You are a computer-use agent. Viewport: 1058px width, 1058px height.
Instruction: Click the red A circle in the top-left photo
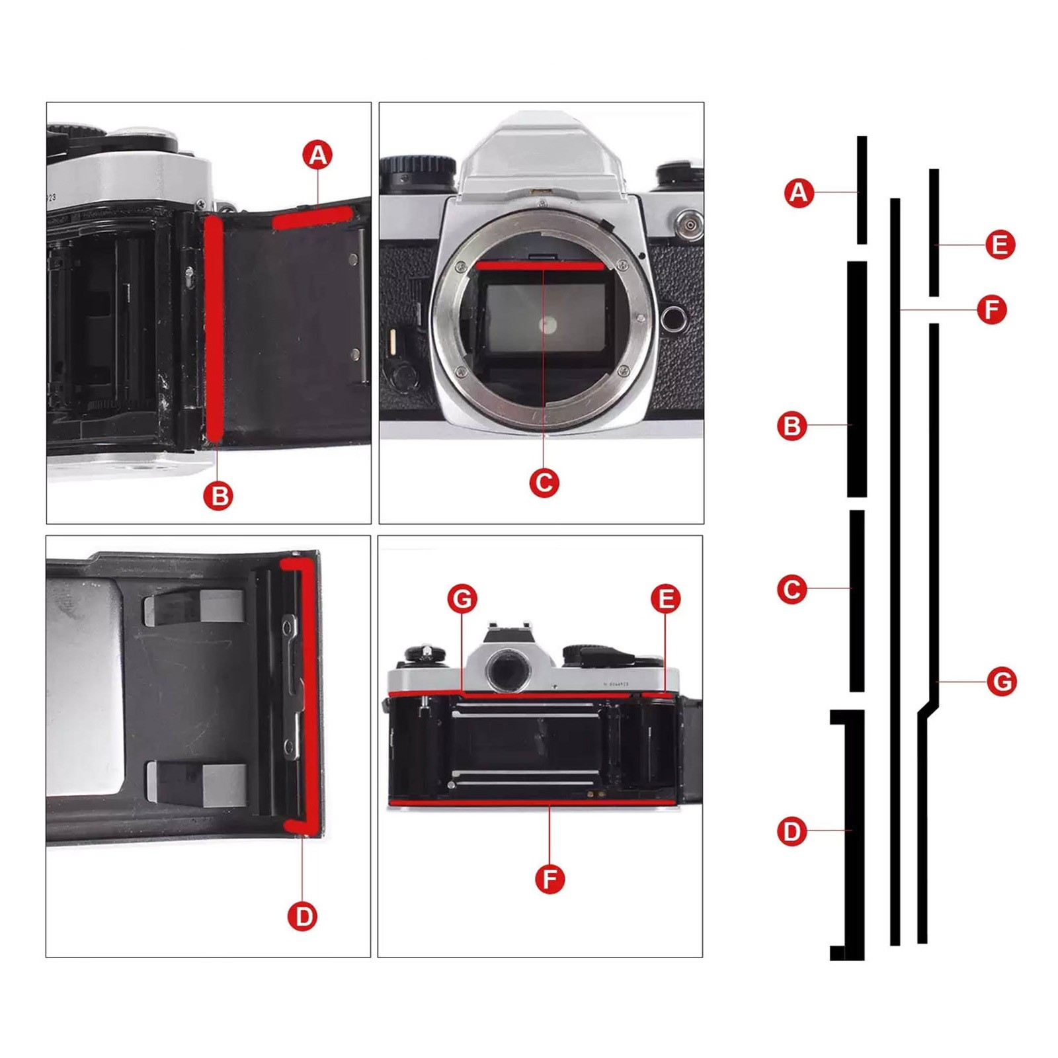click(318, 155)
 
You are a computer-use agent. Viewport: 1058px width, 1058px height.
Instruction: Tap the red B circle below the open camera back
click(219, 495)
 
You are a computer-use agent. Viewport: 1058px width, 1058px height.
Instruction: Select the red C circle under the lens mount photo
click(544, 483)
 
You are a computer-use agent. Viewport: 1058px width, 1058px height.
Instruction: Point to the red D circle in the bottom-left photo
click(303, 916)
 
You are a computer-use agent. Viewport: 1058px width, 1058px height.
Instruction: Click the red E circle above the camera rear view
click(665, 598)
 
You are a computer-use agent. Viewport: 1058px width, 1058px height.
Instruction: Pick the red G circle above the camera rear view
click(462, 598)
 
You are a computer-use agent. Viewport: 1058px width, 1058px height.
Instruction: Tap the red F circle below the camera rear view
click(550, 879)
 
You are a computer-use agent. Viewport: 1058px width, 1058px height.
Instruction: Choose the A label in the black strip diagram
click(799, 192)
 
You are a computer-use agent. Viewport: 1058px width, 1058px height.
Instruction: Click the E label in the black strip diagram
click(1000, 245)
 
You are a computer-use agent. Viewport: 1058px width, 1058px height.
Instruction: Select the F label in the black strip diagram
click(991, 309)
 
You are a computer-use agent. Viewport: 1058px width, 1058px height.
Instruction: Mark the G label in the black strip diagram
click(1001, 681)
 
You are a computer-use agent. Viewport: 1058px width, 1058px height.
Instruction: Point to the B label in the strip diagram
click(792, 426)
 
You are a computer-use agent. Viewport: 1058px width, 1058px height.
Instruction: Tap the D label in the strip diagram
click(792, 831)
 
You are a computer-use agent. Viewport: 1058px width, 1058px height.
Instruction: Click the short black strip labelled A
click(862, 190)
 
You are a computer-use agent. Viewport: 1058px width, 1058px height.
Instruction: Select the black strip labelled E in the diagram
click(934, 233)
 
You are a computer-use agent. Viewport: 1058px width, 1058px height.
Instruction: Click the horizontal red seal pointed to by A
click(313, 218)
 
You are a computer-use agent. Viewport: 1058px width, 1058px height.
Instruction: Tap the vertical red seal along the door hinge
click(214, 329)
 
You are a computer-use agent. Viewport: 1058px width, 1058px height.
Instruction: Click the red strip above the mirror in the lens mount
click(540, 266)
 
